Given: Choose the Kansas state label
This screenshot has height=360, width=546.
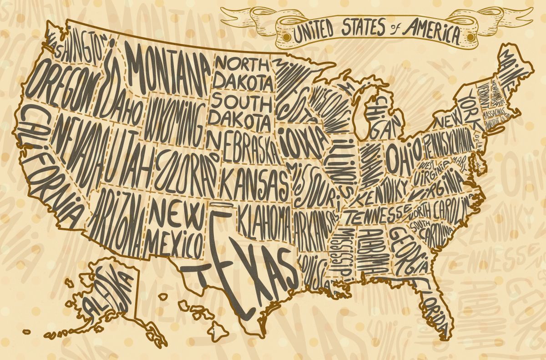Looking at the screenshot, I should [x=253, y=182].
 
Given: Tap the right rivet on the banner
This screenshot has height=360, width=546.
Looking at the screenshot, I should [x=469, y=35].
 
